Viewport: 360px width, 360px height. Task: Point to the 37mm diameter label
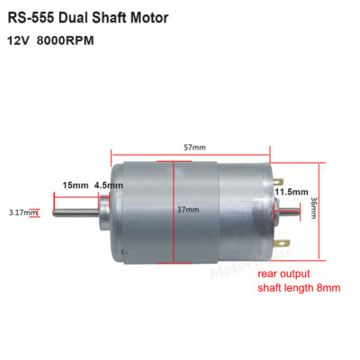pos(187,209)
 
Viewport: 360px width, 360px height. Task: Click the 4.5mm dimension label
pos(109,185)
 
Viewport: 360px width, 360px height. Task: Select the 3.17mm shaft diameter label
pos(22,213)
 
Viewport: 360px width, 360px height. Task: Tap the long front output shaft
pos(76,213)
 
